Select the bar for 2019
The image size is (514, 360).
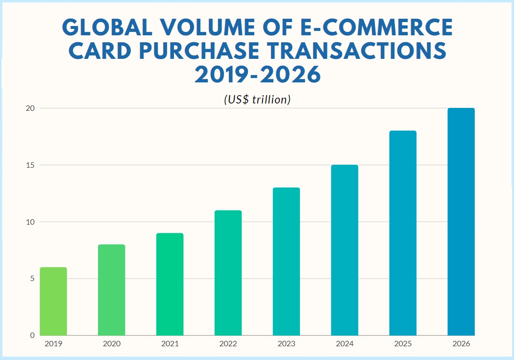[53, 301]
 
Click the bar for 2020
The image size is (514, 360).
[111, 290]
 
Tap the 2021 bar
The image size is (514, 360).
[170, 284]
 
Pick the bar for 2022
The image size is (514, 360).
[228, 273]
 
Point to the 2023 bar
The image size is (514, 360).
[286, 261]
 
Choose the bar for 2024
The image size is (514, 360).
[344, 250]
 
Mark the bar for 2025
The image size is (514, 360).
[403, 233]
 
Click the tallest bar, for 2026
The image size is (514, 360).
[461, 222]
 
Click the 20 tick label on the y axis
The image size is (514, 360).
[30, 108]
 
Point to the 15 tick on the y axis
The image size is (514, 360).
[30, 165]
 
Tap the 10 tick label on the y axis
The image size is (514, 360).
[30, 222]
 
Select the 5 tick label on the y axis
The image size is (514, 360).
[32, 279]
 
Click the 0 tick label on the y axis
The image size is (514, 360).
[32, 335]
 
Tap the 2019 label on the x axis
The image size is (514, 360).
[53, 344]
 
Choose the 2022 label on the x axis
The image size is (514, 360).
[228, 344]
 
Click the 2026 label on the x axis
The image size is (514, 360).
[461, 344]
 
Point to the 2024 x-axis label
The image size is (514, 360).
[344, 344]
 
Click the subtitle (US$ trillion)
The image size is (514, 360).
[257, 100]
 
